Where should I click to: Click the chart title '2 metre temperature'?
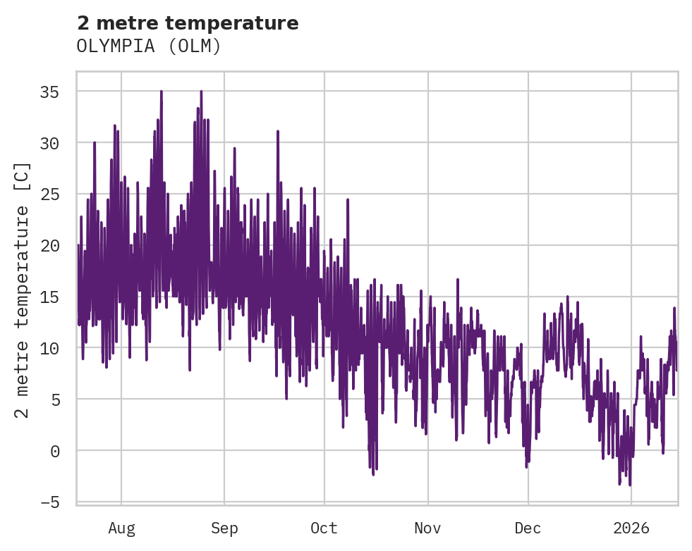(x=188, y=23)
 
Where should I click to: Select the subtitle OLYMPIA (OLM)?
(x=149, y=47)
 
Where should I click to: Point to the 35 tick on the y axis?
(x=59, y=92)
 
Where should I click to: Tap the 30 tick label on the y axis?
(x=59, y=143)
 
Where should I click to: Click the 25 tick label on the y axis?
(x=59, y=194)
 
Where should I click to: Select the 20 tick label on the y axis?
(x=59, y=246)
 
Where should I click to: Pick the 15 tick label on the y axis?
(x=59, y=297)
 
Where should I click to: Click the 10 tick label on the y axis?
(x=59, y=348)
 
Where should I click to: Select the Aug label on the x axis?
(x=121, y=528)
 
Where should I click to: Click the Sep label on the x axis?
(x=224, y=528)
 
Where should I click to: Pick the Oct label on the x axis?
(x=324, y=528)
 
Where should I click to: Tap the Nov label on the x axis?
(x=427, y=528)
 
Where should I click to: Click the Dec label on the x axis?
(x=528, y=528)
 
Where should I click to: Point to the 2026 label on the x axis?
(x=631, y=528)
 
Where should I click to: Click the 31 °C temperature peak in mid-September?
(x=278, y=131)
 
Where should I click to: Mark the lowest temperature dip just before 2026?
(x=629, y=485)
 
